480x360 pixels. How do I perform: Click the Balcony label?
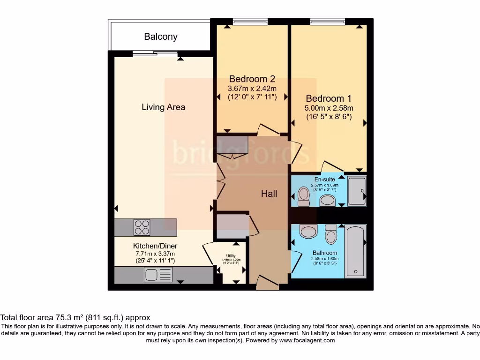(161, 37)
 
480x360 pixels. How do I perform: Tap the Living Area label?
(163, 107)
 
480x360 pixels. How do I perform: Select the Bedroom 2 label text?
(252, 79)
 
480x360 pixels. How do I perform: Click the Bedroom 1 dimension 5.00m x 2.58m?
(328, 108)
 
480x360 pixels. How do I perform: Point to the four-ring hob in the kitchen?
(142, 227)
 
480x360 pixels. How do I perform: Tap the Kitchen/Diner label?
(155, 246)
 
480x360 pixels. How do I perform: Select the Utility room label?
(231, 255)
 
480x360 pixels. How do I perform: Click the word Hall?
(269, 193)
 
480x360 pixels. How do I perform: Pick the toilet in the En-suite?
(304, 195)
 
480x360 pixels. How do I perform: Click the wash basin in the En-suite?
(328, 201)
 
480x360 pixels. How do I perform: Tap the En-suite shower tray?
(357, 191)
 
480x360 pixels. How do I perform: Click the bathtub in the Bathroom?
(356, 251)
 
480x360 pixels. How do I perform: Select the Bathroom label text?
(325, 253)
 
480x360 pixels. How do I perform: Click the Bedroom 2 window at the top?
(250, 21)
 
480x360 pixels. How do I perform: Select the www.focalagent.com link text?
(307, 340)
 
